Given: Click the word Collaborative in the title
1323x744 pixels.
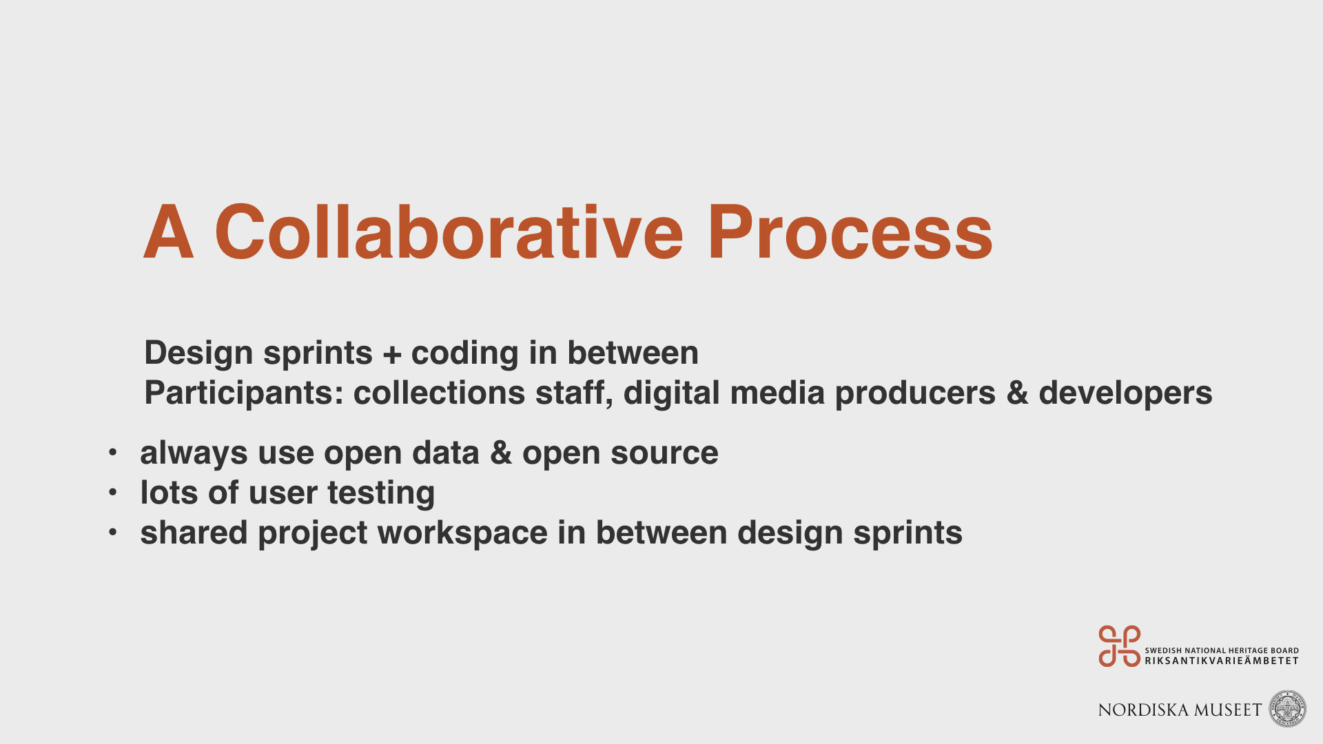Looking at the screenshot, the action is pos(449,232).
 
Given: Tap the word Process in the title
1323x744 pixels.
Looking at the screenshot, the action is pos(850,234).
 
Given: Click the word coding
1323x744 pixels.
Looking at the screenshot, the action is pos(464,354).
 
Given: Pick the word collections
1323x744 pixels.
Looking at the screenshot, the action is pos(439,393).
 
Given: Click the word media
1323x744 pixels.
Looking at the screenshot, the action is pos(777,393).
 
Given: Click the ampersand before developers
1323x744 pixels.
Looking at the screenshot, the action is pos(1017,393).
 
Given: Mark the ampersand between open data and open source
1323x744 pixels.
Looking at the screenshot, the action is pos(501,453).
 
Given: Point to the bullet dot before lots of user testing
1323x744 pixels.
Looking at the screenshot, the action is pos(113,493).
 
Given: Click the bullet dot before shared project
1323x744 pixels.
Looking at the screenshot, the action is pos(113,533).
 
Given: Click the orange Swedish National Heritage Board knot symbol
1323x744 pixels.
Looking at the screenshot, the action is pos(1119,646).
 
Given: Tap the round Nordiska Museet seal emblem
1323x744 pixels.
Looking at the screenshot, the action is pos(1287,709).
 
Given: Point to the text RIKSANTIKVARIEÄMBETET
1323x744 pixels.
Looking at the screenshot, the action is pos(1222,661).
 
